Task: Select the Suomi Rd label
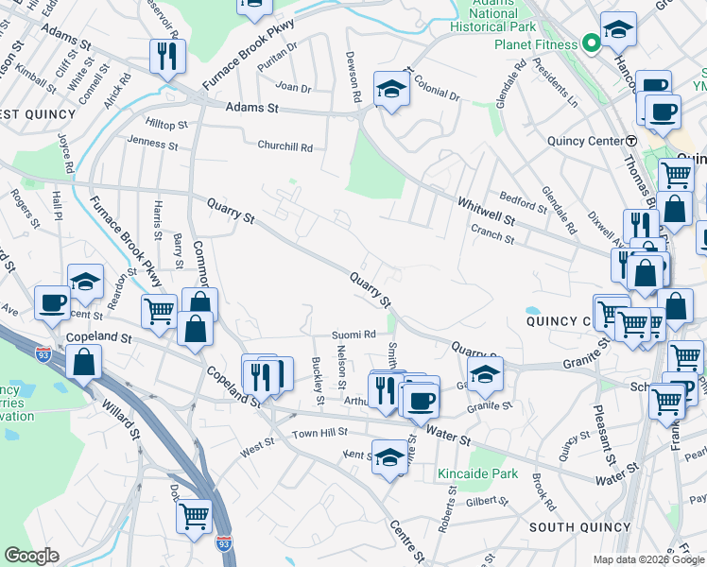click(353, 335)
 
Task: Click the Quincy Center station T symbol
click(630, 140)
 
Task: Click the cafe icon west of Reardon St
click(52, 302)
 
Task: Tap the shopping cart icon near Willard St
click(194, 516)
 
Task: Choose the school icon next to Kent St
click(389, 457)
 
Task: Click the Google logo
click(31, 555)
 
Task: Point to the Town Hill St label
click(319, 432)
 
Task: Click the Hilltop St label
click(166, 125)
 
